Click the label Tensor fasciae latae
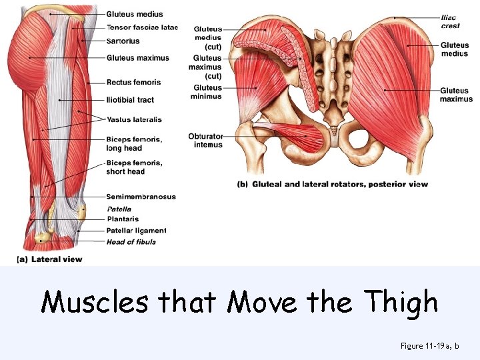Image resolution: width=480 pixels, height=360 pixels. point(142,28)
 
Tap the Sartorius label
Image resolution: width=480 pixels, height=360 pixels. point(123,41)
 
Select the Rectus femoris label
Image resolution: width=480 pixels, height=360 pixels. point(133,83)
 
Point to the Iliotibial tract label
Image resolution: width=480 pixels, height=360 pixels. point(130,100)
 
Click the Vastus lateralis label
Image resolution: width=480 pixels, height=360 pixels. point(134,120)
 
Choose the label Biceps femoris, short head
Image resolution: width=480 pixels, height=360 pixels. point(134,167)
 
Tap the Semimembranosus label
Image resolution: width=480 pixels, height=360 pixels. point(141,197)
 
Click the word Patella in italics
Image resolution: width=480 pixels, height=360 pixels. point(119,209)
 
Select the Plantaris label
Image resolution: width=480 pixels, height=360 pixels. point(123,219)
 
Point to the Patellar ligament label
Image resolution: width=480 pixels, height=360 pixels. point(136,231)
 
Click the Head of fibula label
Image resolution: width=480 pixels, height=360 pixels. point(131,241)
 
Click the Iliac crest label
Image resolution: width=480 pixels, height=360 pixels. point(450,21)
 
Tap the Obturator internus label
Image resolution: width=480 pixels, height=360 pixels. point(205,140)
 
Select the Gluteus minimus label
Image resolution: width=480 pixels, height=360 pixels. point(207,92)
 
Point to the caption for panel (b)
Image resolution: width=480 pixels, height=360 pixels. point(333,184)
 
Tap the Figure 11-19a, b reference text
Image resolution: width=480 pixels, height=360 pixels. point(429,345)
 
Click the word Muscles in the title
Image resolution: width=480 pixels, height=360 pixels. point(95,303)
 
